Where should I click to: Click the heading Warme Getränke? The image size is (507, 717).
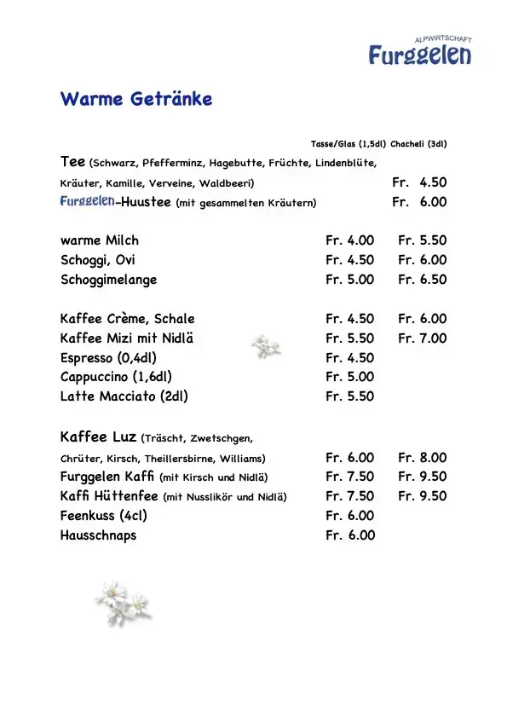(136, 99)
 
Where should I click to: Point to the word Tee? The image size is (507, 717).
(72, 161)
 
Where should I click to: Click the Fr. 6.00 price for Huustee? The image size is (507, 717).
(419, 202)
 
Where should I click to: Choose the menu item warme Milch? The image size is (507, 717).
(100, 240)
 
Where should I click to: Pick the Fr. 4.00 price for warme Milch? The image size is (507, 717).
(349, 240)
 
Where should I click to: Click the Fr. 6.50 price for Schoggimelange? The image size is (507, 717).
(422, 280)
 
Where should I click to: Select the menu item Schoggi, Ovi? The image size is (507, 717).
(98, 260)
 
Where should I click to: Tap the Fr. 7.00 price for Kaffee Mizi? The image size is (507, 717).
(422, 338)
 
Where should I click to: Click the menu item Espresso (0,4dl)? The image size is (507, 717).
(109, 358)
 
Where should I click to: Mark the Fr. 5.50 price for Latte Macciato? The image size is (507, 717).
(349, 396)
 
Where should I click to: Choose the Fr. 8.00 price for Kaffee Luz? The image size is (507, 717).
(422, 458)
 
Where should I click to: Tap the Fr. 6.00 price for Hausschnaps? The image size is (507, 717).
(349, 535)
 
